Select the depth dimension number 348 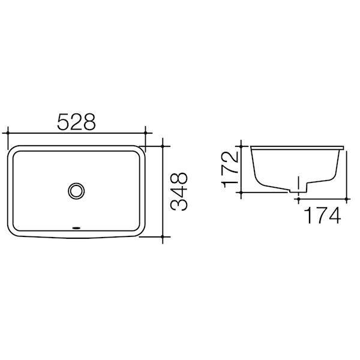coord(179,191)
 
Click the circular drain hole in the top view coord(76,190)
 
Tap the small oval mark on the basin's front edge coord(76,228)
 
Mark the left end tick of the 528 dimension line coord(7,133)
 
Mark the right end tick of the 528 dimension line coord(146,133)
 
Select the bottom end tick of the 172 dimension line coord(241,192)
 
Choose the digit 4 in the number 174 coord(333,214)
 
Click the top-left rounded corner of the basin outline coord(13,150)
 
